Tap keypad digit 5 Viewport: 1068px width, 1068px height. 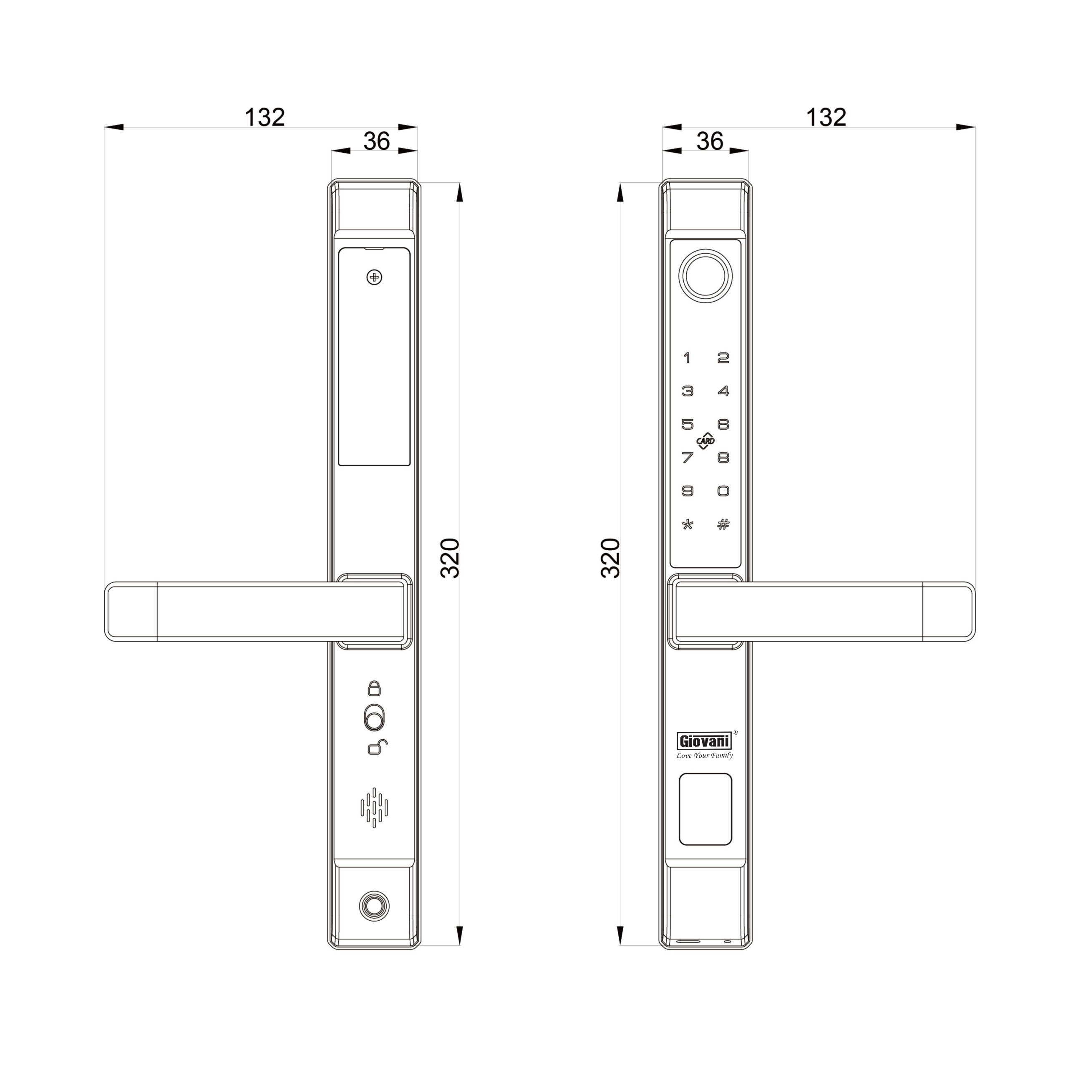[687, 424]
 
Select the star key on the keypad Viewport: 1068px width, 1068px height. [687, 524]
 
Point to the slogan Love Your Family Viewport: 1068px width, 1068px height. [704, 756]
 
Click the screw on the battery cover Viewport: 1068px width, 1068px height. [374, 277]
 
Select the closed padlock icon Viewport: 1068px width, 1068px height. [374, 688]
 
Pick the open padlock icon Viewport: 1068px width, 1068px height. [377, 747]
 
